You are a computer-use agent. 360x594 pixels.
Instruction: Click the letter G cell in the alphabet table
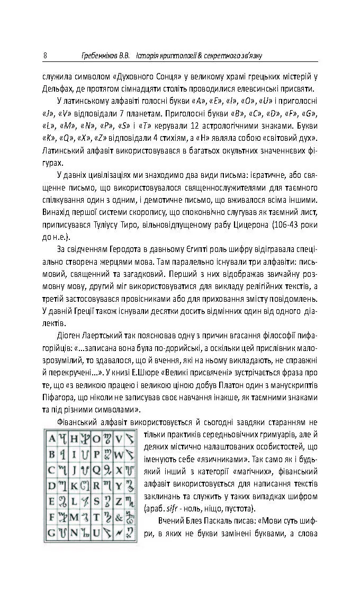tap(52, 532)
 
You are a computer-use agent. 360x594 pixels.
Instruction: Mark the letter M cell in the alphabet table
tap(74, 516)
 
